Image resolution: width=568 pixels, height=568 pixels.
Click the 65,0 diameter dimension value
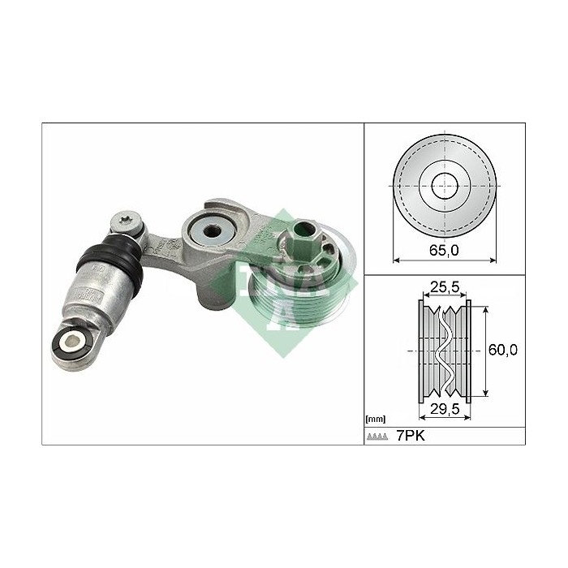(444, 251)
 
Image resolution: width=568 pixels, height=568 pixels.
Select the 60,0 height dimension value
(503, 350)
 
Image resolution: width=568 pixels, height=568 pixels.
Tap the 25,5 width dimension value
(445, 288)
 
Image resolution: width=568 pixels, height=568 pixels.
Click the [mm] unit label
(376, 420)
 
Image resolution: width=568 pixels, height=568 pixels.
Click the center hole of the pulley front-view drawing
(444, 184)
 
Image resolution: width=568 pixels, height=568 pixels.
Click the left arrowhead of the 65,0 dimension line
(396, 260)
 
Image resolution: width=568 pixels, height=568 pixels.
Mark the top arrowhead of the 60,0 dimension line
(485, 309)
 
